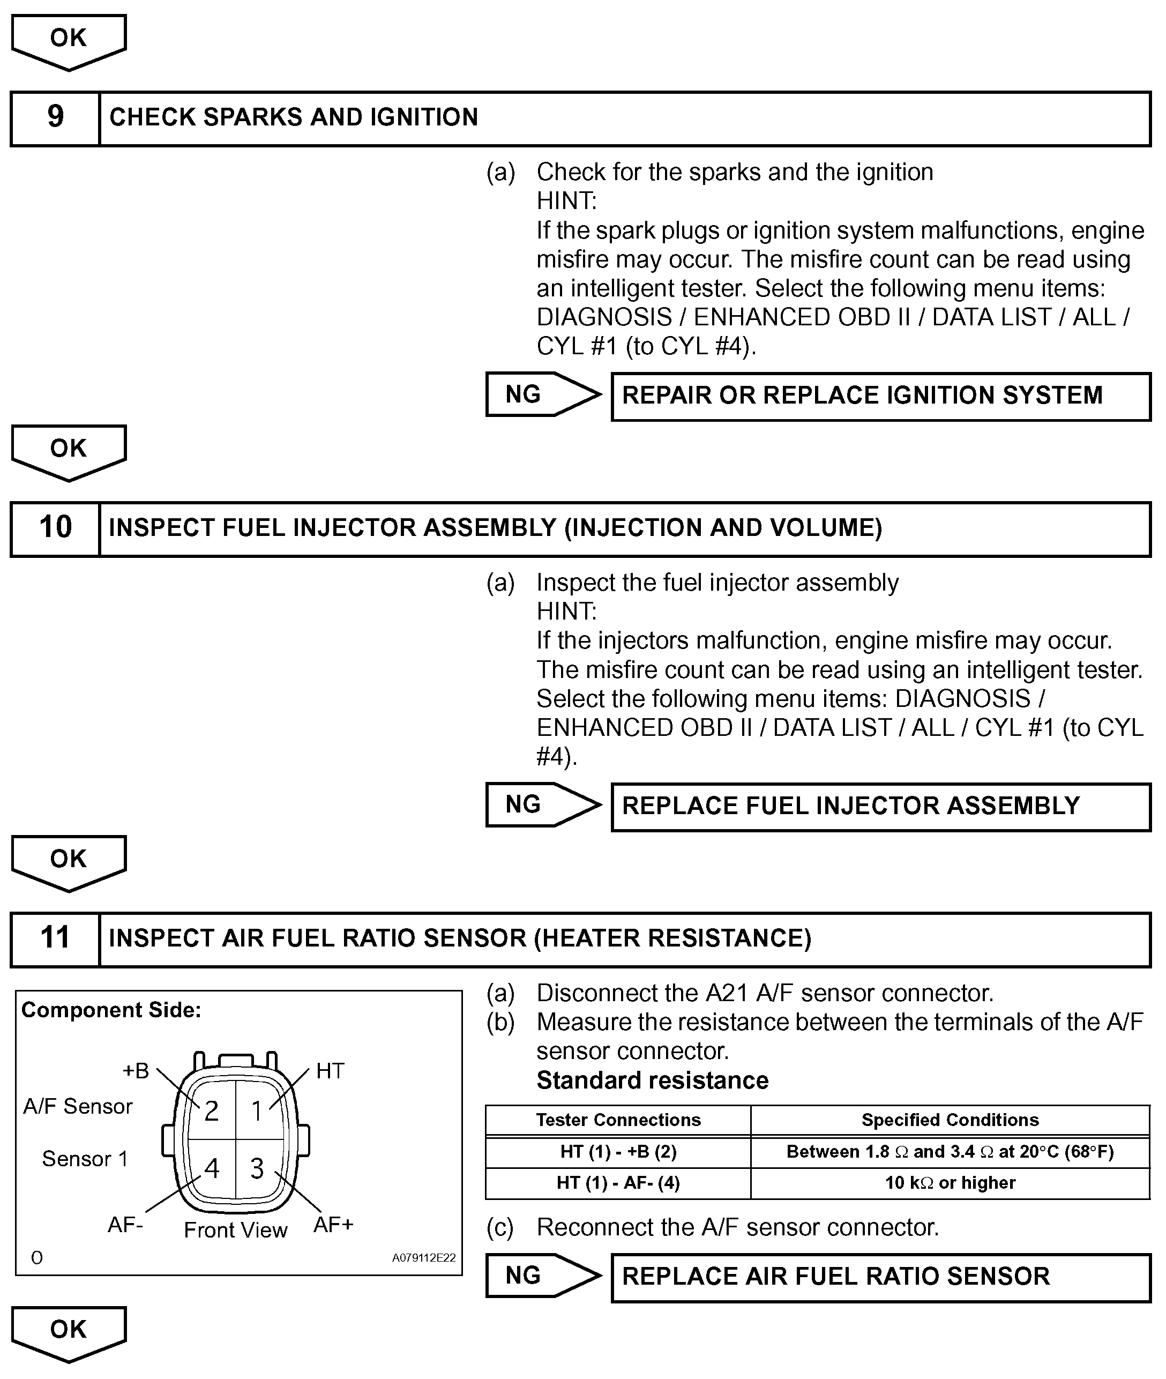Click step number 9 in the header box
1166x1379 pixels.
[x=56, y=117]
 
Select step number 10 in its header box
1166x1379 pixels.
[x=56, y=527]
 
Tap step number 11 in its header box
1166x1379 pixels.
[x=56, y=938]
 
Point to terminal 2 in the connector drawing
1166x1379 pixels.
[x=212, y=1111]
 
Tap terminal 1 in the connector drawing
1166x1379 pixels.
[x=257, y=1111]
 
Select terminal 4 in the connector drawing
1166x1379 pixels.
[x=212, y=1169]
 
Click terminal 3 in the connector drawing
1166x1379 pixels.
[x=257, y=1169]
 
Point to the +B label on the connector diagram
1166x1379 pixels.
[x=136, y=1071]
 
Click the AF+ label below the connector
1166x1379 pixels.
[x=333, y=1225]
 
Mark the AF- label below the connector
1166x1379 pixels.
[x=125, y=1225]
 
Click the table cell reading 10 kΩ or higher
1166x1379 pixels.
[x=950, y=1183]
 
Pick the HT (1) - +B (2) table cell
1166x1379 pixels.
[x=618, y=1152]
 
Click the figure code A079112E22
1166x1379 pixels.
[x=424, y=1258]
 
